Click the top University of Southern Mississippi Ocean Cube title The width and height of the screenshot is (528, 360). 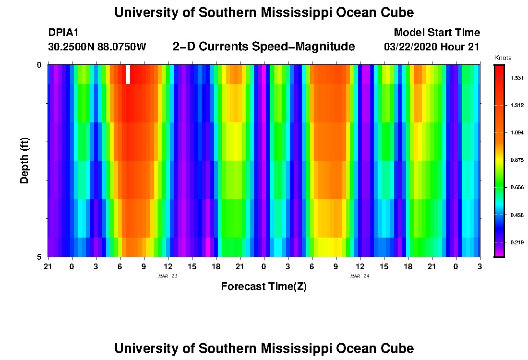(x=264, y=13)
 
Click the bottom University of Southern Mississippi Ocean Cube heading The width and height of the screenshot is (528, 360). (x=264, y=348)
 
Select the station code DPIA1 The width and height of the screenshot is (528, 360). (x=63, y=33)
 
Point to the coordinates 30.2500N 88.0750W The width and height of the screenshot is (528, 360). (x=97, y=47)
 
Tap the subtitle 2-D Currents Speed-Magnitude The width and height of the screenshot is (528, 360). (x=264, y=47)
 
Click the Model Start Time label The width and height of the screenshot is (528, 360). (x=436, y=33)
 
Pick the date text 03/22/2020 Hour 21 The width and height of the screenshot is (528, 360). (x=432, y=47)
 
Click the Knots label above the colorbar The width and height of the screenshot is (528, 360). (x=503, y=58)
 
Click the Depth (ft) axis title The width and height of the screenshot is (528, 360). (x=25, y=161)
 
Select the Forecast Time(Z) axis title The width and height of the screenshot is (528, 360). (x=264, y=287)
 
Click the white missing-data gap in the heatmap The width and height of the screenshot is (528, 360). (x=128, y=74)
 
